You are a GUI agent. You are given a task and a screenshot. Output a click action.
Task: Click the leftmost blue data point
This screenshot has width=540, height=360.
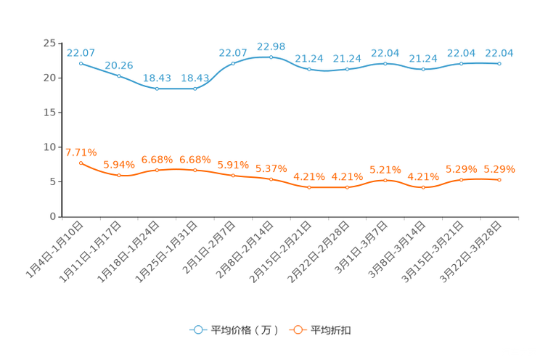point(81,63)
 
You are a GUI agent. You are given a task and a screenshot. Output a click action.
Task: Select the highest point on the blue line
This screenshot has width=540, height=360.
point(271,57)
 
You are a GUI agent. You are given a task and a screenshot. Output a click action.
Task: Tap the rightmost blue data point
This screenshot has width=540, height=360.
point(499,64)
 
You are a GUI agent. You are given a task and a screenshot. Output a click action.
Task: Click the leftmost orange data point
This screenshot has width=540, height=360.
point(81,163)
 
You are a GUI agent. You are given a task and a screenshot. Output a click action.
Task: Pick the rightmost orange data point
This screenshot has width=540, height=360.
point(499,179)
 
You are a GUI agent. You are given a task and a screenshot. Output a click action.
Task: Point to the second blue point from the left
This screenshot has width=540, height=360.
point(119,75)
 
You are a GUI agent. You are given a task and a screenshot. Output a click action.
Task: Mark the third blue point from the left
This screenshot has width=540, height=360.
point(157,88)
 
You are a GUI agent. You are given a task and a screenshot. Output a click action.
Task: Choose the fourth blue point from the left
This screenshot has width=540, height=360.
point(195,88)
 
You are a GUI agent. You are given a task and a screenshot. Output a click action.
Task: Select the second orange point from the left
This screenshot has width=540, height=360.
point(119,175)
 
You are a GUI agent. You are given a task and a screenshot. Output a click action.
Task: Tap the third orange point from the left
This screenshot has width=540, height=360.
point(157,169)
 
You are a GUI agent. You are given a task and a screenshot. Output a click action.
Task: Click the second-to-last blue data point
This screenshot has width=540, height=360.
point(461,64)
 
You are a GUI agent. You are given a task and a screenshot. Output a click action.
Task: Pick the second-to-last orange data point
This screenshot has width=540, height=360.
point(461,179)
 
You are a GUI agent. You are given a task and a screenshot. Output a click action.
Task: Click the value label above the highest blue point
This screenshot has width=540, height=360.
point(271,46)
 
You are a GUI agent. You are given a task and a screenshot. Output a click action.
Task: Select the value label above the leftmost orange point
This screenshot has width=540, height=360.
point(81,152)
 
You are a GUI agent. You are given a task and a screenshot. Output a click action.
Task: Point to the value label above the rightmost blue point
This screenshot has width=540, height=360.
point(499,52)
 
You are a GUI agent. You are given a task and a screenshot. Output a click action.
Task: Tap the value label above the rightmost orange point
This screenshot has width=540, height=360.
point(499,168)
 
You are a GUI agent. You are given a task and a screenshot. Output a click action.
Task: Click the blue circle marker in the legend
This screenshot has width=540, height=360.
point(198,330)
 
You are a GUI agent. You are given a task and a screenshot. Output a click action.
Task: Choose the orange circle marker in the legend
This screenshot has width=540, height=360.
point(298,330)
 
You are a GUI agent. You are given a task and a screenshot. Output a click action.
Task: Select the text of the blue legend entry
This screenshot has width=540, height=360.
point(244,330)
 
